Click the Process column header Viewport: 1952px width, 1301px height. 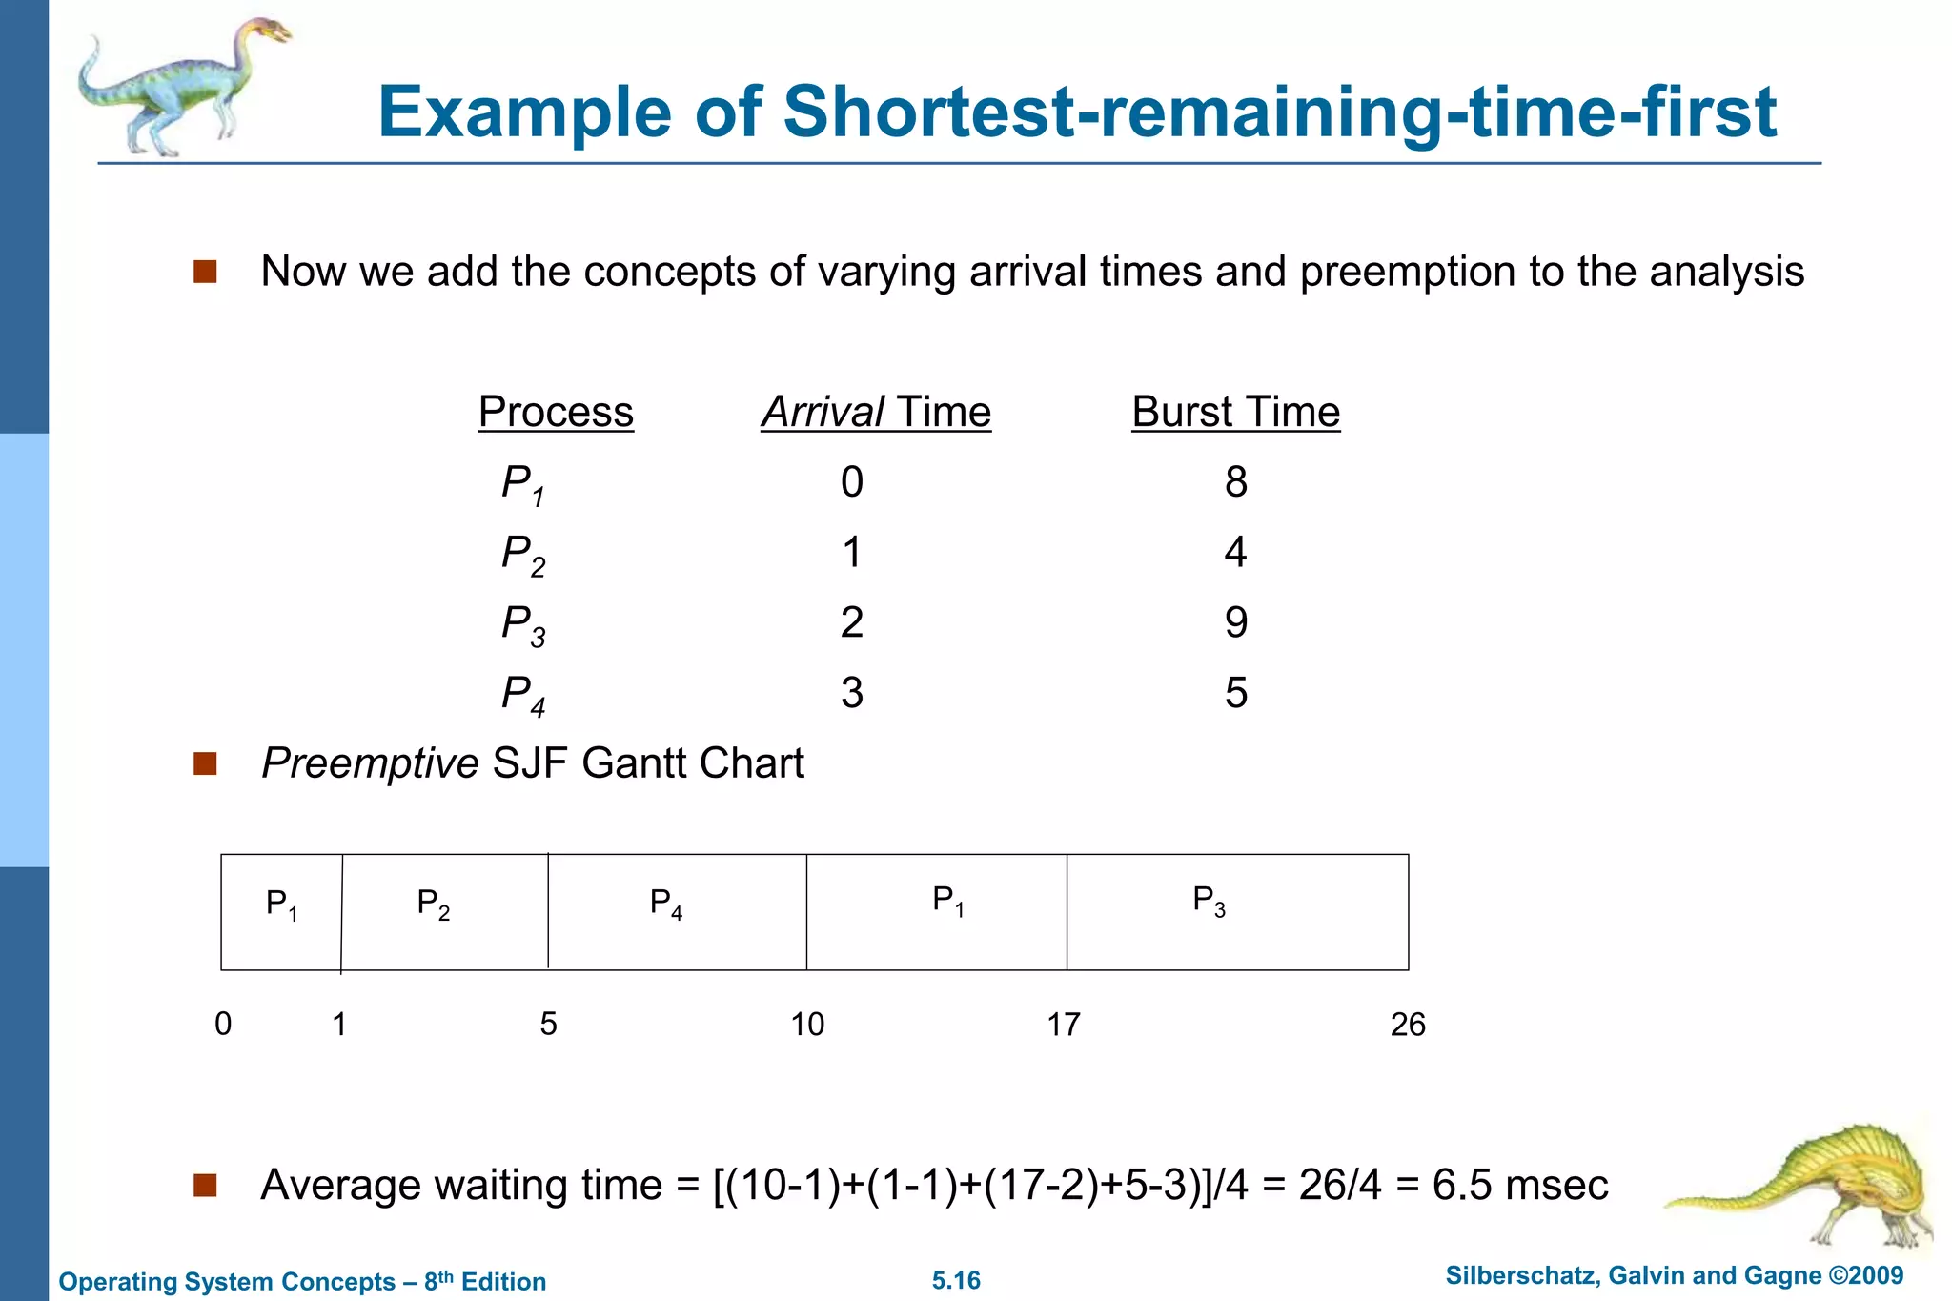click(556, 412)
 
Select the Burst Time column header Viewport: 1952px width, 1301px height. click(1235, 412)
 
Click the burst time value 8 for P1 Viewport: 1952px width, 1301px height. click(1235, 482)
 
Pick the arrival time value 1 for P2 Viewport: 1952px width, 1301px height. click(852, 553)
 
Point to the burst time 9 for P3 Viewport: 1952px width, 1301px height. click(1235, 622)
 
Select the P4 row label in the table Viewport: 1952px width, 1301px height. click(523, 694)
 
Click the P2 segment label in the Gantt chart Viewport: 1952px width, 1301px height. click(433, 903)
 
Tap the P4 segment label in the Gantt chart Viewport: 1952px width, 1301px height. click(665, 903)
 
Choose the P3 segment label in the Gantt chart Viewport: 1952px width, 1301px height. click(1209, 900)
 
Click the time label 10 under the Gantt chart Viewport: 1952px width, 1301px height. click(807, 1025)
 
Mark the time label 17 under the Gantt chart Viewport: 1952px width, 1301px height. click(1064, 1025)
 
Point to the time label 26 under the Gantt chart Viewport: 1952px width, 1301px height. click(1408, 1025)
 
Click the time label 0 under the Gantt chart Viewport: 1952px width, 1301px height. click(223, 1024)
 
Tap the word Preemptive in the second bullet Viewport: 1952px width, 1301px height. click(370, 763)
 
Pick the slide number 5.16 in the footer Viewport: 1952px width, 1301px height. click(956, 1280)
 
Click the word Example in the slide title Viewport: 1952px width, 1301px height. click(523, 112)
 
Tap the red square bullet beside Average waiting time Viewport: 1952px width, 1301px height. click(205, 1185)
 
